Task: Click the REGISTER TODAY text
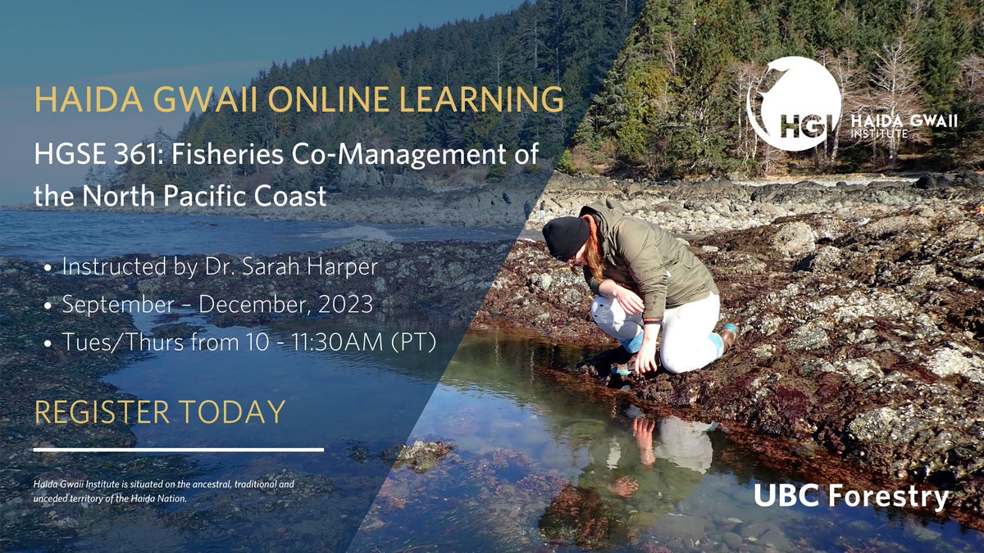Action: pyautogui.click(x=160, y=412)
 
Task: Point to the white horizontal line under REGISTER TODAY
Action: pyautogui.click(x=179, y=450)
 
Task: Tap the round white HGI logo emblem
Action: pyautogui.click(x=794, y=103)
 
